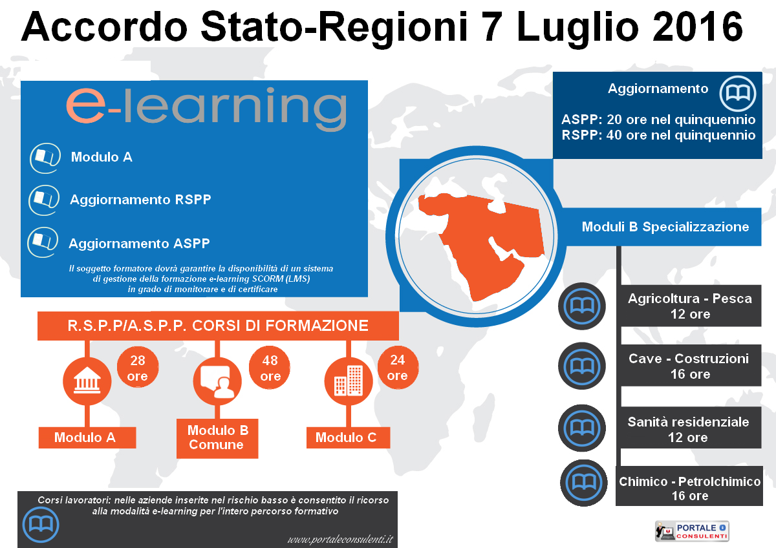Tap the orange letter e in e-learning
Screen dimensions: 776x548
tap(86, 105)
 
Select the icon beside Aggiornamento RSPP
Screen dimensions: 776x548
tap(44, 200)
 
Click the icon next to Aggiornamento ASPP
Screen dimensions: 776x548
tap(43, 242)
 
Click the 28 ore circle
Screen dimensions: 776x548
tap(138, 367)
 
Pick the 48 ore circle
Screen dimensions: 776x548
tap(270, 368)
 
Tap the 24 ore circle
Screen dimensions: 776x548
tap(398, 367)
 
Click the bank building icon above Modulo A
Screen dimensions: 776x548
tap(87, 381)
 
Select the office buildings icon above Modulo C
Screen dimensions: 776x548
tap(349, 381)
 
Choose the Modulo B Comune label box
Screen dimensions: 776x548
tap(217, 438)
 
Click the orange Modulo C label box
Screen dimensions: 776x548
tap(348, 437)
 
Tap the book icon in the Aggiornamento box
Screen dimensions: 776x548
tap(738, 94)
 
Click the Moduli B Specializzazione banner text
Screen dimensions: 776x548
tap(665, 227)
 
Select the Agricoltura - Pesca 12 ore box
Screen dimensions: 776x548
tap(691, 306)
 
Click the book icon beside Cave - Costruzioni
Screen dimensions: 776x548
tap(582, 366)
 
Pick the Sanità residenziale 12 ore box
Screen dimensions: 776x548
tap(691, 428)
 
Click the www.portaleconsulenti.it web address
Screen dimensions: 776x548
tap(340, 540)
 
